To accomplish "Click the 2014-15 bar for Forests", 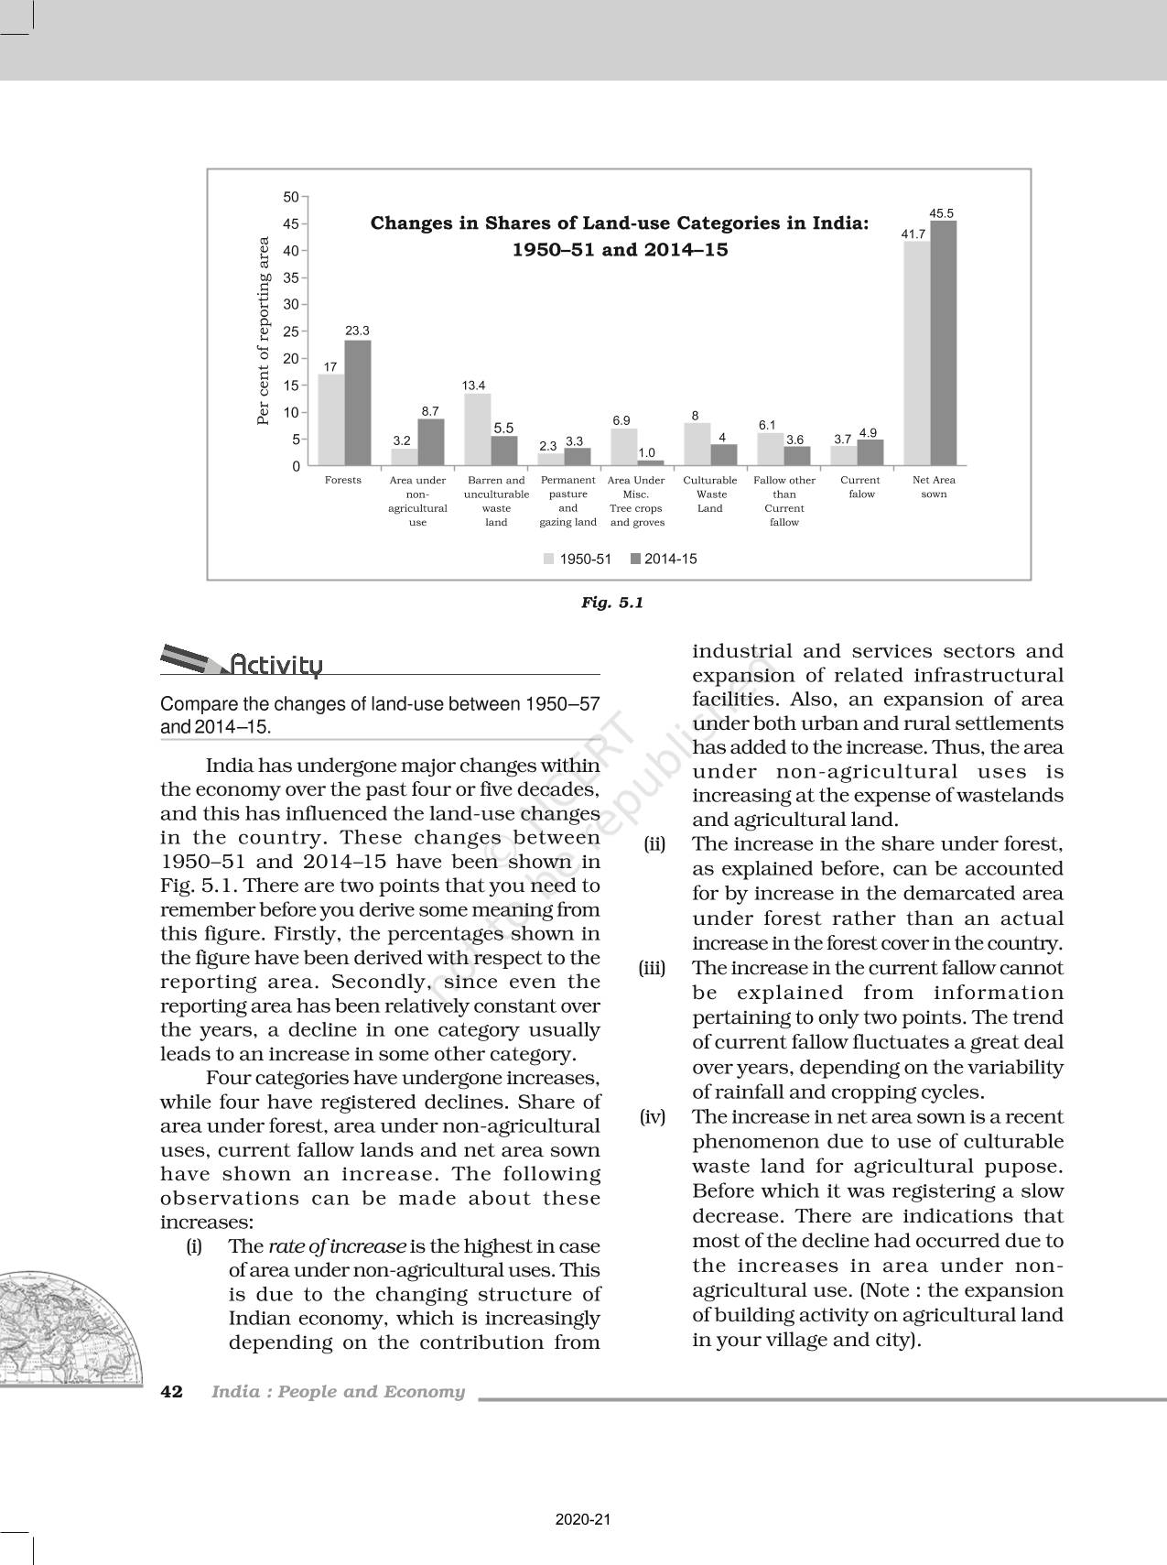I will (358, 403).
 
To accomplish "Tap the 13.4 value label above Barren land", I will (473, 386).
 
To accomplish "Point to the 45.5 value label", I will (942, 212).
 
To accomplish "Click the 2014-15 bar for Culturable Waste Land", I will (724, 455).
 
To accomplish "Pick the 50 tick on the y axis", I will (291, 197).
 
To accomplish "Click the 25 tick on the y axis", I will (291, 331).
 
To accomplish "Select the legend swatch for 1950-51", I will (549, 559).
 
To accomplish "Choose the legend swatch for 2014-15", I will (635, 559).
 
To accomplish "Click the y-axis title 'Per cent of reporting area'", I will (264, 331).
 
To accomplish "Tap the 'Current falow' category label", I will (860, 487).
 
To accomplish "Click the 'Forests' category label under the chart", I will (343, 480).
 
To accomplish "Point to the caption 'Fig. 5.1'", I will (612, 603).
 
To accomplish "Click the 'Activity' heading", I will (276, 665).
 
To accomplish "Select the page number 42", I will (171, 1392).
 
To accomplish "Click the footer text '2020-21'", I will (583, 1519).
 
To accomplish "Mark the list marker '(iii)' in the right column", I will (652, 968).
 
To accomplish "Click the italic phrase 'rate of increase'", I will (337, 1246).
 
